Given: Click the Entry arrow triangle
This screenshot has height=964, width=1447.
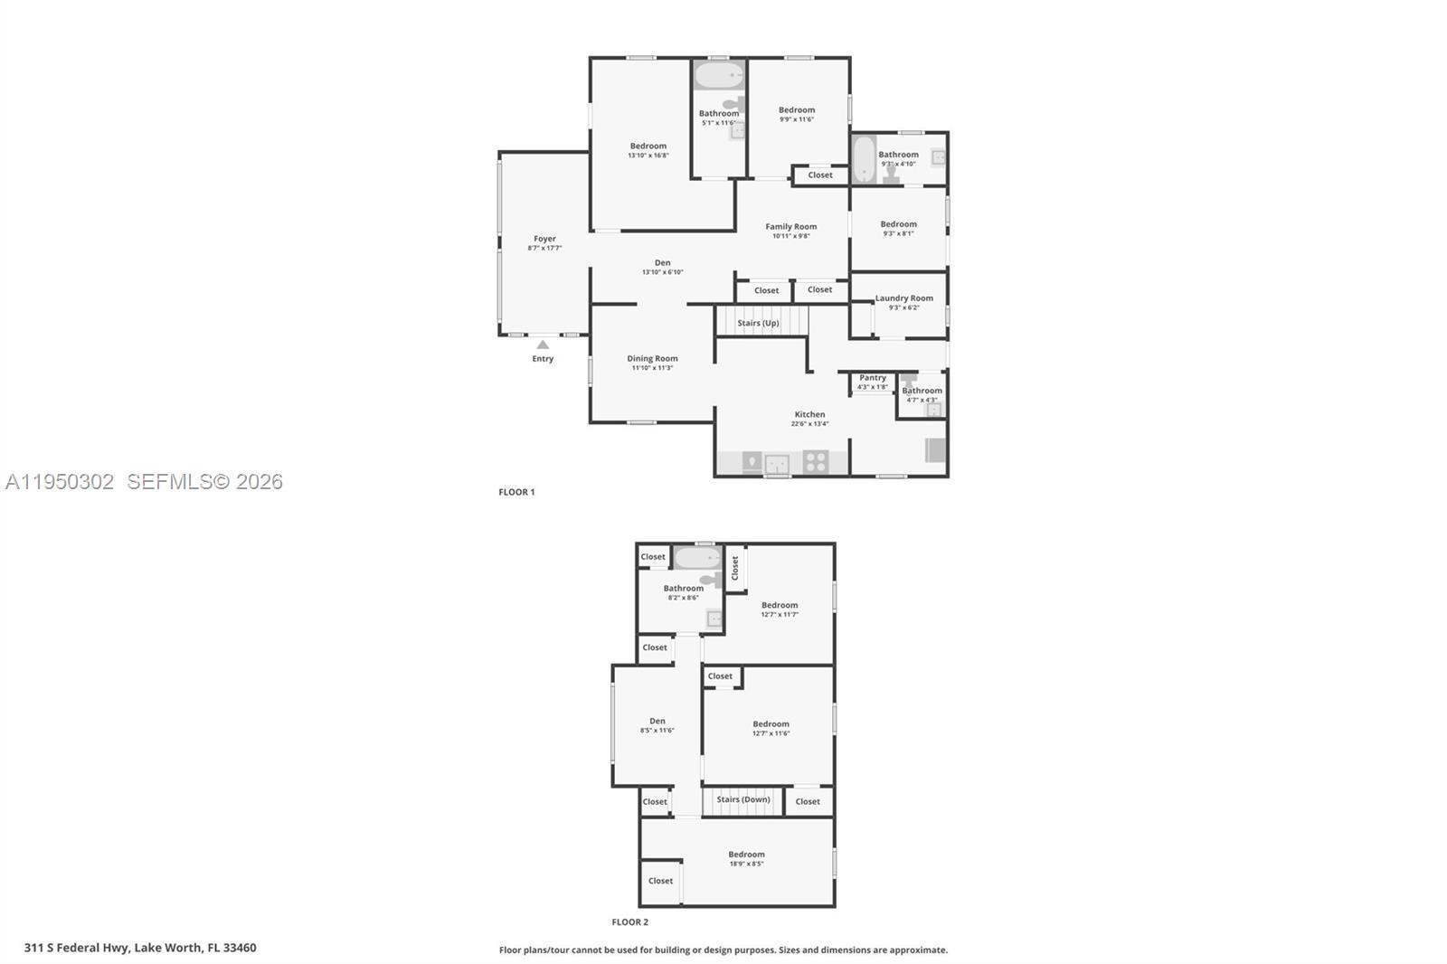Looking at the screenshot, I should click(543, 345).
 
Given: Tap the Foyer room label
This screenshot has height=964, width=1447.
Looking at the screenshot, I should click(544, 239).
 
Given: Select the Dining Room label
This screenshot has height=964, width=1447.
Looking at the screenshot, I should click(652, 358).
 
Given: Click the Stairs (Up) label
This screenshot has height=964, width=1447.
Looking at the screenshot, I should click(758, 323).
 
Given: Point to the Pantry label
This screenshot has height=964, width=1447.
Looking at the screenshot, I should click(873, 378).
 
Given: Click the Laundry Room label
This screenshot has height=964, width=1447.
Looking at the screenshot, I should click(903, 298).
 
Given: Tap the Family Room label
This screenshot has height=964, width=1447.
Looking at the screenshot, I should click(790, 227).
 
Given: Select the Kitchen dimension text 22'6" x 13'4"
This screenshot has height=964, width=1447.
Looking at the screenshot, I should click(809, 423).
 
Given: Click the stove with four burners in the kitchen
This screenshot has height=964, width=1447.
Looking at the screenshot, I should click(815, 462).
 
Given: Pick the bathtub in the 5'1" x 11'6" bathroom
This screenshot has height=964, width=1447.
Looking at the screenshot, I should click(719, 75).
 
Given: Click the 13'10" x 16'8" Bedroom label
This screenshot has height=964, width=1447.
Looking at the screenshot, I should click(648, 146).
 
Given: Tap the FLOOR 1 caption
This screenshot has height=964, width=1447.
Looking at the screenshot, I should click(516, 492).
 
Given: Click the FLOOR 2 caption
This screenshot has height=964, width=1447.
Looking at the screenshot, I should click(629, 922).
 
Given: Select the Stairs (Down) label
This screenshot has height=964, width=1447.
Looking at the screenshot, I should click(743, 799).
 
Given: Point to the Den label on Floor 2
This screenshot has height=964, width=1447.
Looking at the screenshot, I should click(657, 721).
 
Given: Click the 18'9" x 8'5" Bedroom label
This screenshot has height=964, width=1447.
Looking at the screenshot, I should click(746, 855).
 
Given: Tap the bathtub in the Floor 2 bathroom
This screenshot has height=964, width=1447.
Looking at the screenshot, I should click(696, 558).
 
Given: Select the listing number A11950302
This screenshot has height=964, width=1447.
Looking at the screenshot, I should click(60, 482).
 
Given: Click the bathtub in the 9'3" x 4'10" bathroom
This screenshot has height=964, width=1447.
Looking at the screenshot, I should click(864, 159).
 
